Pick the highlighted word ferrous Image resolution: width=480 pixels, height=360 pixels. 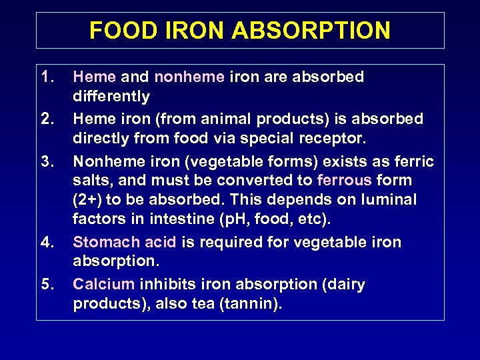point(345,181)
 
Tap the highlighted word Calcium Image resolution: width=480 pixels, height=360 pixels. point(103,285)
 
